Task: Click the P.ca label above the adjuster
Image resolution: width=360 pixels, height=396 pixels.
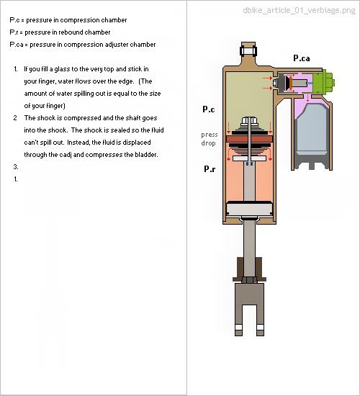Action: [x=302, y=58]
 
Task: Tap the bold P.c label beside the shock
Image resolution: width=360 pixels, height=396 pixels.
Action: [x=209, y=109]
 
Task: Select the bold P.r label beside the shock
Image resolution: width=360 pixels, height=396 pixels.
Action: [x=210, y=168]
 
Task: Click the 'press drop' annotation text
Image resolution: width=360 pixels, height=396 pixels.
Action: [x=210, y=139]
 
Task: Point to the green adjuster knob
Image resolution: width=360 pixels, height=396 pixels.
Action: [x=324, y=82]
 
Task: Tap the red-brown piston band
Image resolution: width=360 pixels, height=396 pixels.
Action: [x=249, y=139]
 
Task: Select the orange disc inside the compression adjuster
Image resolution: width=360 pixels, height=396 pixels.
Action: [x=291, y=83]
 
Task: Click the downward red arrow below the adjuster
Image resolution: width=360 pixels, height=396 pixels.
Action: [x=307, y=98]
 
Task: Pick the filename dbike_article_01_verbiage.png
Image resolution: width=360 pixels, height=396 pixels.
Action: [x=299, y=10]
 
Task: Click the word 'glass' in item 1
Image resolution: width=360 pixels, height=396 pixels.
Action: [x=62, y=69]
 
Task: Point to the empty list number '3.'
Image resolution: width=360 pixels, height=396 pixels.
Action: [x=16, y=167]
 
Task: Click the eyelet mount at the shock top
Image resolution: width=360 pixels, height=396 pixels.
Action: [x=248, y=51]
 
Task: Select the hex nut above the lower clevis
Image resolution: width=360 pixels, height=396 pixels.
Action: [x=249, y=280]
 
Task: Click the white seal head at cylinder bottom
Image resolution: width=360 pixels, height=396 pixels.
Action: [x=249, y=209]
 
